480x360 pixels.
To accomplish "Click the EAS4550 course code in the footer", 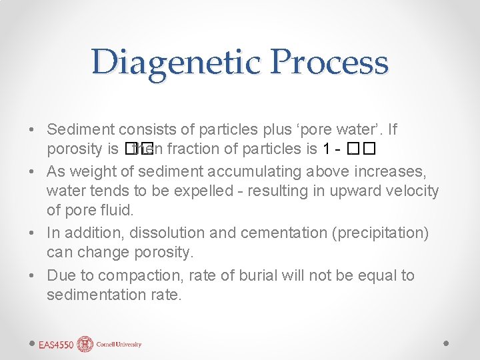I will (56, 345).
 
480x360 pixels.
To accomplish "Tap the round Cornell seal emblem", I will (85, 344).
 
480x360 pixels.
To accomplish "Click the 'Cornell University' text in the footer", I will (118, 345).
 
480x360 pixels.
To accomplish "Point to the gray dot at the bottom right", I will (446, 343).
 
